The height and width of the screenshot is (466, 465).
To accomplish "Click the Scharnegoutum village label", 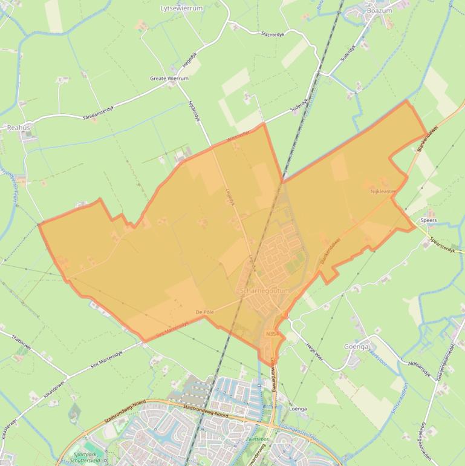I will click(265, 291).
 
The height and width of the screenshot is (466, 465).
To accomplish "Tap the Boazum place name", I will click(380, 10).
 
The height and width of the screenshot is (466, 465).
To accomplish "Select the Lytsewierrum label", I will click(181, 8).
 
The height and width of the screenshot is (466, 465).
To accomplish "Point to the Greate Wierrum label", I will click(169, 79).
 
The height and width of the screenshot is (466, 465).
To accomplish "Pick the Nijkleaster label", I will click(383, 191).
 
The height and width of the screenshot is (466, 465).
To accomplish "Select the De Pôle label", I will click(205, 312).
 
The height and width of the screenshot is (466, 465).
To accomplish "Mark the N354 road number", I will click(272, 333).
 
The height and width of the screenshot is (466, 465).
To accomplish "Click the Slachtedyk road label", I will click(272, 34).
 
